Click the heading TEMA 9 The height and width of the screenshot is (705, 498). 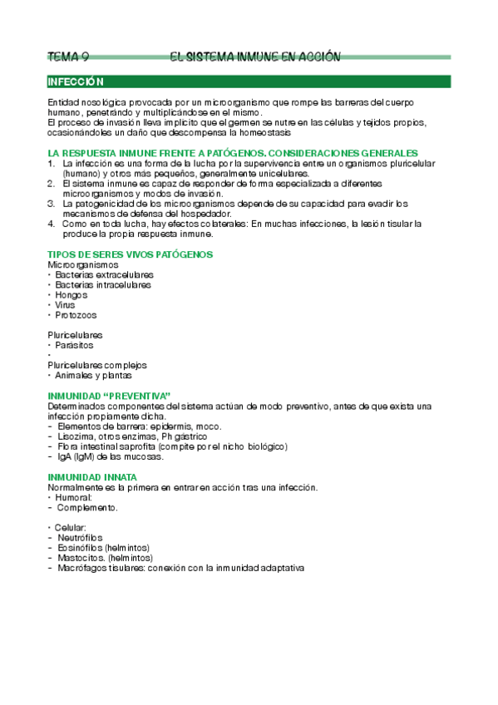click(68, 57)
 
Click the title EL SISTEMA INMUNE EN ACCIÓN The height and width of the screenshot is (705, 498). click(254, 57)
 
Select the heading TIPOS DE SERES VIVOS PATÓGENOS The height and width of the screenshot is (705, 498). click(131, 254)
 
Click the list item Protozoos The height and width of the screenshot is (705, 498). click(76, 315)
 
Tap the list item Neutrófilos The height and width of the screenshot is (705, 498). click(81, 538)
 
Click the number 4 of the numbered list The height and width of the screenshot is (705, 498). click(51, 224)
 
